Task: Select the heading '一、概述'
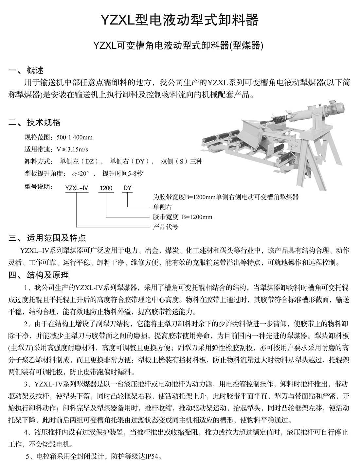pos(26,70)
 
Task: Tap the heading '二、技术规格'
pos(34,123)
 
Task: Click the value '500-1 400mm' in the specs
pos(75,137)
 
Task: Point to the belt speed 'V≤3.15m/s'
pos(73,149)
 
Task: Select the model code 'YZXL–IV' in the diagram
pos(77,188)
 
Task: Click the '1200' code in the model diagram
pos(106,188)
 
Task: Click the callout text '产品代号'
pos(166,227)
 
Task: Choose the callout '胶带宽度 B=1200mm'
pos(182,217)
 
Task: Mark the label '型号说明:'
pos(39,187)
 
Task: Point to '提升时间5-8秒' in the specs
pos(122,173)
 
